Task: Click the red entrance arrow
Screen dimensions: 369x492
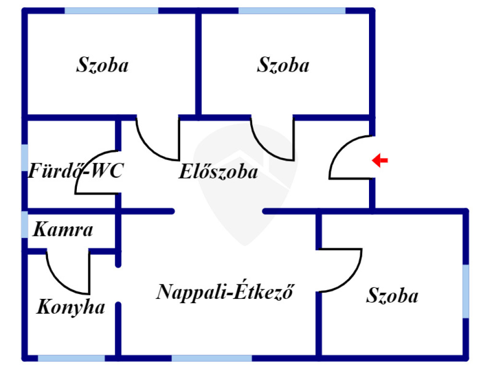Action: (x=380, y=160)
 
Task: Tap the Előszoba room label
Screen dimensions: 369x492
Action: (x=218, y=172)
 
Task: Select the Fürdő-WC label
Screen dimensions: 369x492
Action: (x=76, y=171)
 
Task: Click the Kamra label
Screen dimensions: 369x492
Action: (x=62, y=230)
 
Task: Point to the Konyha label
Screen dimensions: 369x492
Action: (x=71, y=307)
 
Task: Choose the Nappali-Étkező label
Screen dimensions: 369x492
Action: (x=225, y=292)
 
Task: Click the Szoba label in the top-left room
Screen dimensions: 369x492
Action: (x=102, y=65)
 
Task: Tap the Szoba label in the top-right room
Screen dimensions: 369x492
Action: (x=283, y=65)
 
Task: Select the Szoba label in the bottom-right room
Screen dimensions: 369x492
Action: (x=392, y=295)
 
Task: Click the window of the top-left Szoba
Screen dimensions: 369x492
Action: (x=111, y=11)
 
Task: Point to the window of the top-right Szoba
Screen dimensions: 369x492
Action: (x=292, y=11)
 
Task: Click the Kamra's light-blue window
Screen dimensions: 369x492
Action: (x=25, y=224)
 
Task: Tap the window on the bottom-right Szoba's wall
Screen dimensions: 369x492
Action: (x=466, y=291)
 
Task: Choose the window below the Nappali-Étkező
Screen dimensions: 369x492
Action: (x=211, y=358)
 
